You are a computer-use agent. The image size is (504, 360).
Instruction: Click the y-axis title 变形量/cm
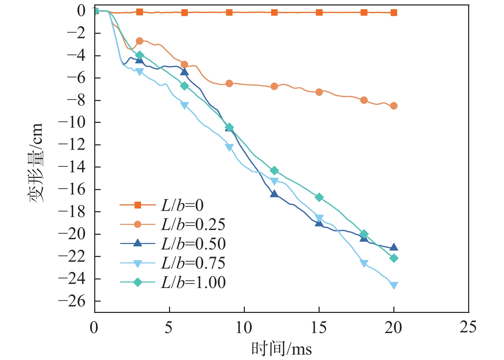click(36, 163)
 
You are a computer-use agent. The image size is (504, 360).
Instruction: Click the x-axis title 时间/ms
click(281, 349)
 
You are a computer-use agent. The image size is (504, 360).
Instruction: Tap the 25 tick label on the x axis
click(468, 327)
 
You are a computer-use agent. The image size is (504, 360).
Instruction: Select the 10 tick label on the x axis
click(244, 327)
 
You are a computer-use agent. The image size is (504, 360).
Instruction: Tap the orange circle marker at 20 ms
click(394, 106)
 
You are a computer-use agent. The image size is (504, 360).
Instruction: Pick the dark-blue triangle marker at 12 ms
click(274, 193)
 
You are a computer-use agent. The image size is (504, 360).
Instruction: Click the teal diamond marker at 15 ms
click(319, 197)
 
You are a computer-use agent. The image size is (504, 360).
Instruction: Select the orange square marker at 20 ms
click(394, 13)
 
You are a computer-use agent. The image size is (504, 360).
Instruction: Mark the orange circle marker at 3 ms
click(139, 41)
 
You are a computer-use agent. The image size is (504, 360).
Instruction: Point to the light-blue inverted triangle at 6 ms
click(184, 105)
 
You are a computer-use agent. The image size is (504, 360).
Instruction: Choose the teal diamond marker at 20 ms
click(394, 258)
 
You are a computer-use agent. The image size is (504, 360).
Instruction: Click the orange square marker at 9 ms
click(229, 12)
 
